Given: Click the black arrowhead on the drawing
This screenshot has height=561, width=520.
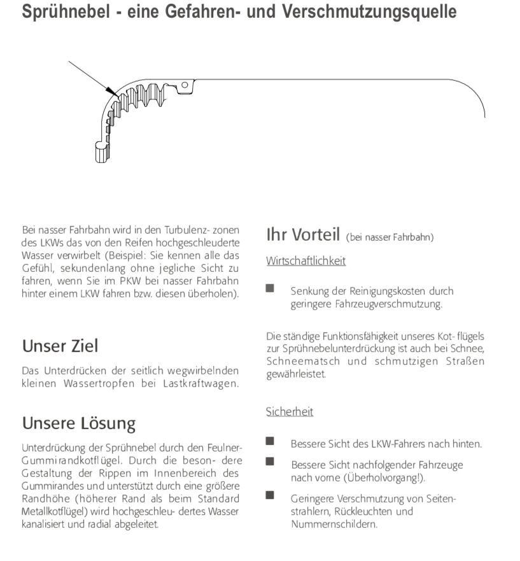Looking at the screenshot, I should [x=110, y=92].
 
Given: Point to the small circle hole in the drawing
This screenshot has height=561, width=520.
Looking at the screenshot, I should [x=185, y=85].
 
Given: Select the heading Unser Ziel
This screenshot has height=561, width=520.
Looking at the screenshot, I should [x=60, y=346].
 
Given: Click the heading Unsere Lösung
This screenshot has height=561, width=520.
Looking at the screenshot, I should [x=79, y=423].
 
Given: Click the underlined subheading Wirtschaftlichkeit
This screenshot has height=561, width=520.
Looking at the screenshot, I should [x=306, y=261].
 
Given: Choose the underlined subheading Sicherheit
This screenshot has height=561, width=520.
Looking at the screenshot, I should [x=290, y=412].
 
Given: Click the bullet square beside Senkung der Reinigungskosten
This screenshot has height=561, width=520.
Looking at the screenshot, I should [x=270, y=288].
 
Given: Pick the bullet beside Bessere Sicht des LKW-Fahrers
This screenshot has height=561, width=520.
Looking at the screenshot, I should [x=270, y=441].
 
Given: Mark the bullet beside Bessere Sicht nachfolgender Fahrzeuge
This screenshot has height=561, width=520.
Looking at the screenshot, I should [x=270, y=462].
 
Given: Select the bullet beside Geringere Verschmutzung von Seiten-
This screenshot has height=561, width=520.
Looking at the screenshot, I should [x=270, y=495].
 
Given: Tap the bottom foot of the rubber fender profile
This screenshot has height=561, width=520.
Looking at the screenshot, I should [x=102, y=153].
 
